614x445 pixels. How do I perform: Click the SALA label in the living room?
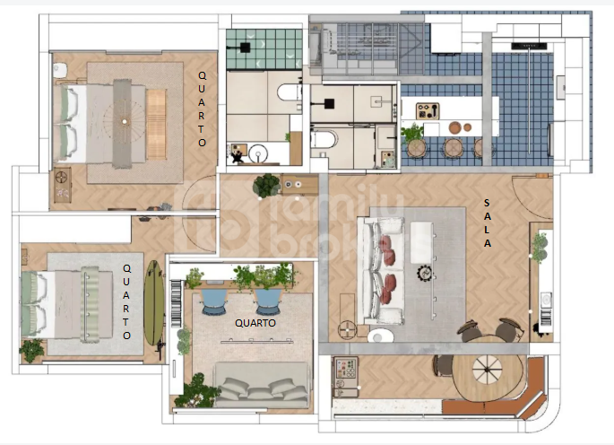[487, 223]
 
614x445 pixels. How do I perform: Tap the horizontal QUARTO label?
[255, 323]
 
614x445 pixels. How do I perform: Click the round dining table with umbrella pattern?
[487, 376]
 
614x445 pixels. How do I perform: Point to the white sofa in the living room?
[382, 271]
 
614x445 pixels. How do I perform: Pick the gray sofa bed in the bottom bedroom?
[262, 385]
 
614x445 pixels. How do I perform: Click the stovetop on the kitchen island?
[428, 110]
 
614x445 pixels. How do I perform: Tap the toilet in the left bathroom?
[289, 93]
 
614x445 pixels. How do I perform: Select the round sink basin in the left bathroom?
[258, 153]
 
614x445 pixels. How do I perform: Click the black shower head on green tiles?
[245, 48]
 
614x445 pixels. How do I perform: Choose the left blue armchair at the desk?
[214, 301]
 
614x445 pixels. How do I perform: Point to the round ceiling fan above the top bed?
[124, 121]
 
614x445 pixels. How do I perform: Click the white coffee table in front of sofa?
[421, 242]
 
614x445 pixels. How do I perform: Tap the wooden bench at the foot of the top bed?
[156, 125]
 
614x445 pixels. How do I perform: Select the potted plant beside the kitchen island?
[412, 134]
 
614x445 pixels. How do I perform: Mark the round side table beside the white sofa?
[347, 329]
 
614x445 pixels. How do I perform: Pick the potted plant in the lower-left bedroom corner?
[31, 350]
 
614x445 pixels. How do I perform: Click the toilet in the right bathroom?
[324, 140]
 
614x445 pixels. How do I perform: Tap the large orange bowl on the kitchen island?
[455, 127]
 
